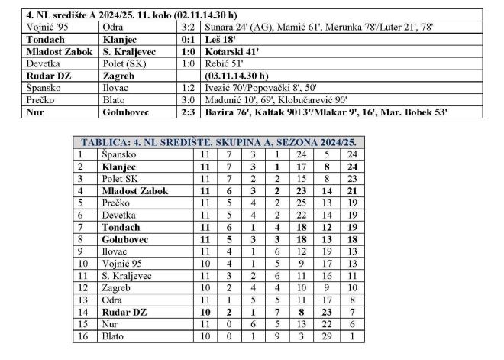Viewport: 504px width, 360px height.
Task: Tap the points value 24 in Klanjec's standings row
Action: [352, 166]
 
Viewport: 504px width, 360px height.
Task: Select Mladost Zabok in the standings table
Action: [134, 190]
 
